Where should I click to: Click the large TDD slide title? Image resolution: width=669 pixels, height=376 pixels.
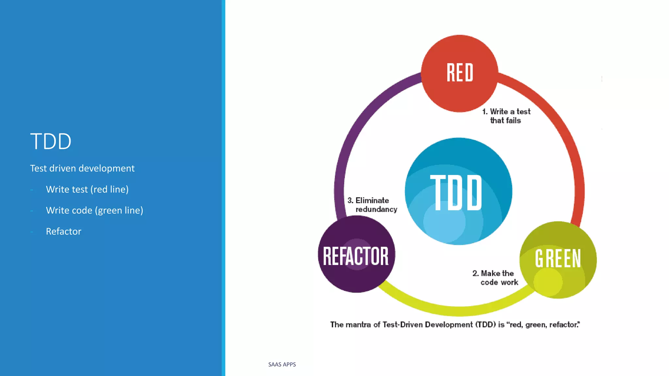(x=51, y=141)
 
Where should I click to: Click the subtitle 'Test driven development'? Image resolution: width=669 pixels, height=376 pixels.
(x=82, y=168)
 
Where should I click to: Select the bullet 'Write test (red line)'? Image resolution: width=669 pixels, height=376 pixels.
(x=87, y=189)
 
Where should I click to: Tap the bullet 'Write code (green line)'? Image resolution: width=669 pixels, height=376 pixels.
(x=94, y=211)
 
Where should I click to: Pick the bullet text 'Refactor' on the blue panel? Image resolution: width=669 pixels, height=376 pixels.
(x=63, y=231)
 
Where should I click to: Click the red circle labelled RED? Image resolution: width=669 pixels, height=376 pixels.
(x=460, y=73)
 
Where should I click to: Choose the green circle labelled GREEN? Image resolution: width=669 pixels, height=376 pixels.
(x=558, y=259)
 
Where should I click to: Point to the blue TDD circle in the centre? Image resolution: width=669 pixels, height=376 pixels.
(x=458, y=191)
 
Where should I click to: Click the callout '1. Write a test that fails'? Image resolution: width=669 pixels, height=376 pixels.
(x=506, y=116)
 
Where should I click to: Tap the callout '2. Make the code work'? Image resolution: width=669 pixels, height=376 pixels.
(x=495, y=278)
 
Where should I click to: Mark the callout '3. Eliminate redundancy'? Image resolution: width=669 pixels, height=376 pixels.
(x=372, y=205)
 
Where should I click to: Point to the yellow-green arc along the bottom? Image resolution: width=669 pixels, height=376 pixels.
(x=457, y=310)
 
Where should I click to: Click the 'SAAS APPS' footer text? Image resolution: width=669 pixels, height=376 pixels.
(x=282, y=365)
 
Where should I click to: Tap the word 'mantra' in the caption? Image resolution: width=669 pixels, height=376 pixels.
(x=358, y=325)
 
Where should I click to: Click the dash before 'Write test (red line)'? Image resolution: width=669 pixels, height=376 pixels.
(x=32, y=190)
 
